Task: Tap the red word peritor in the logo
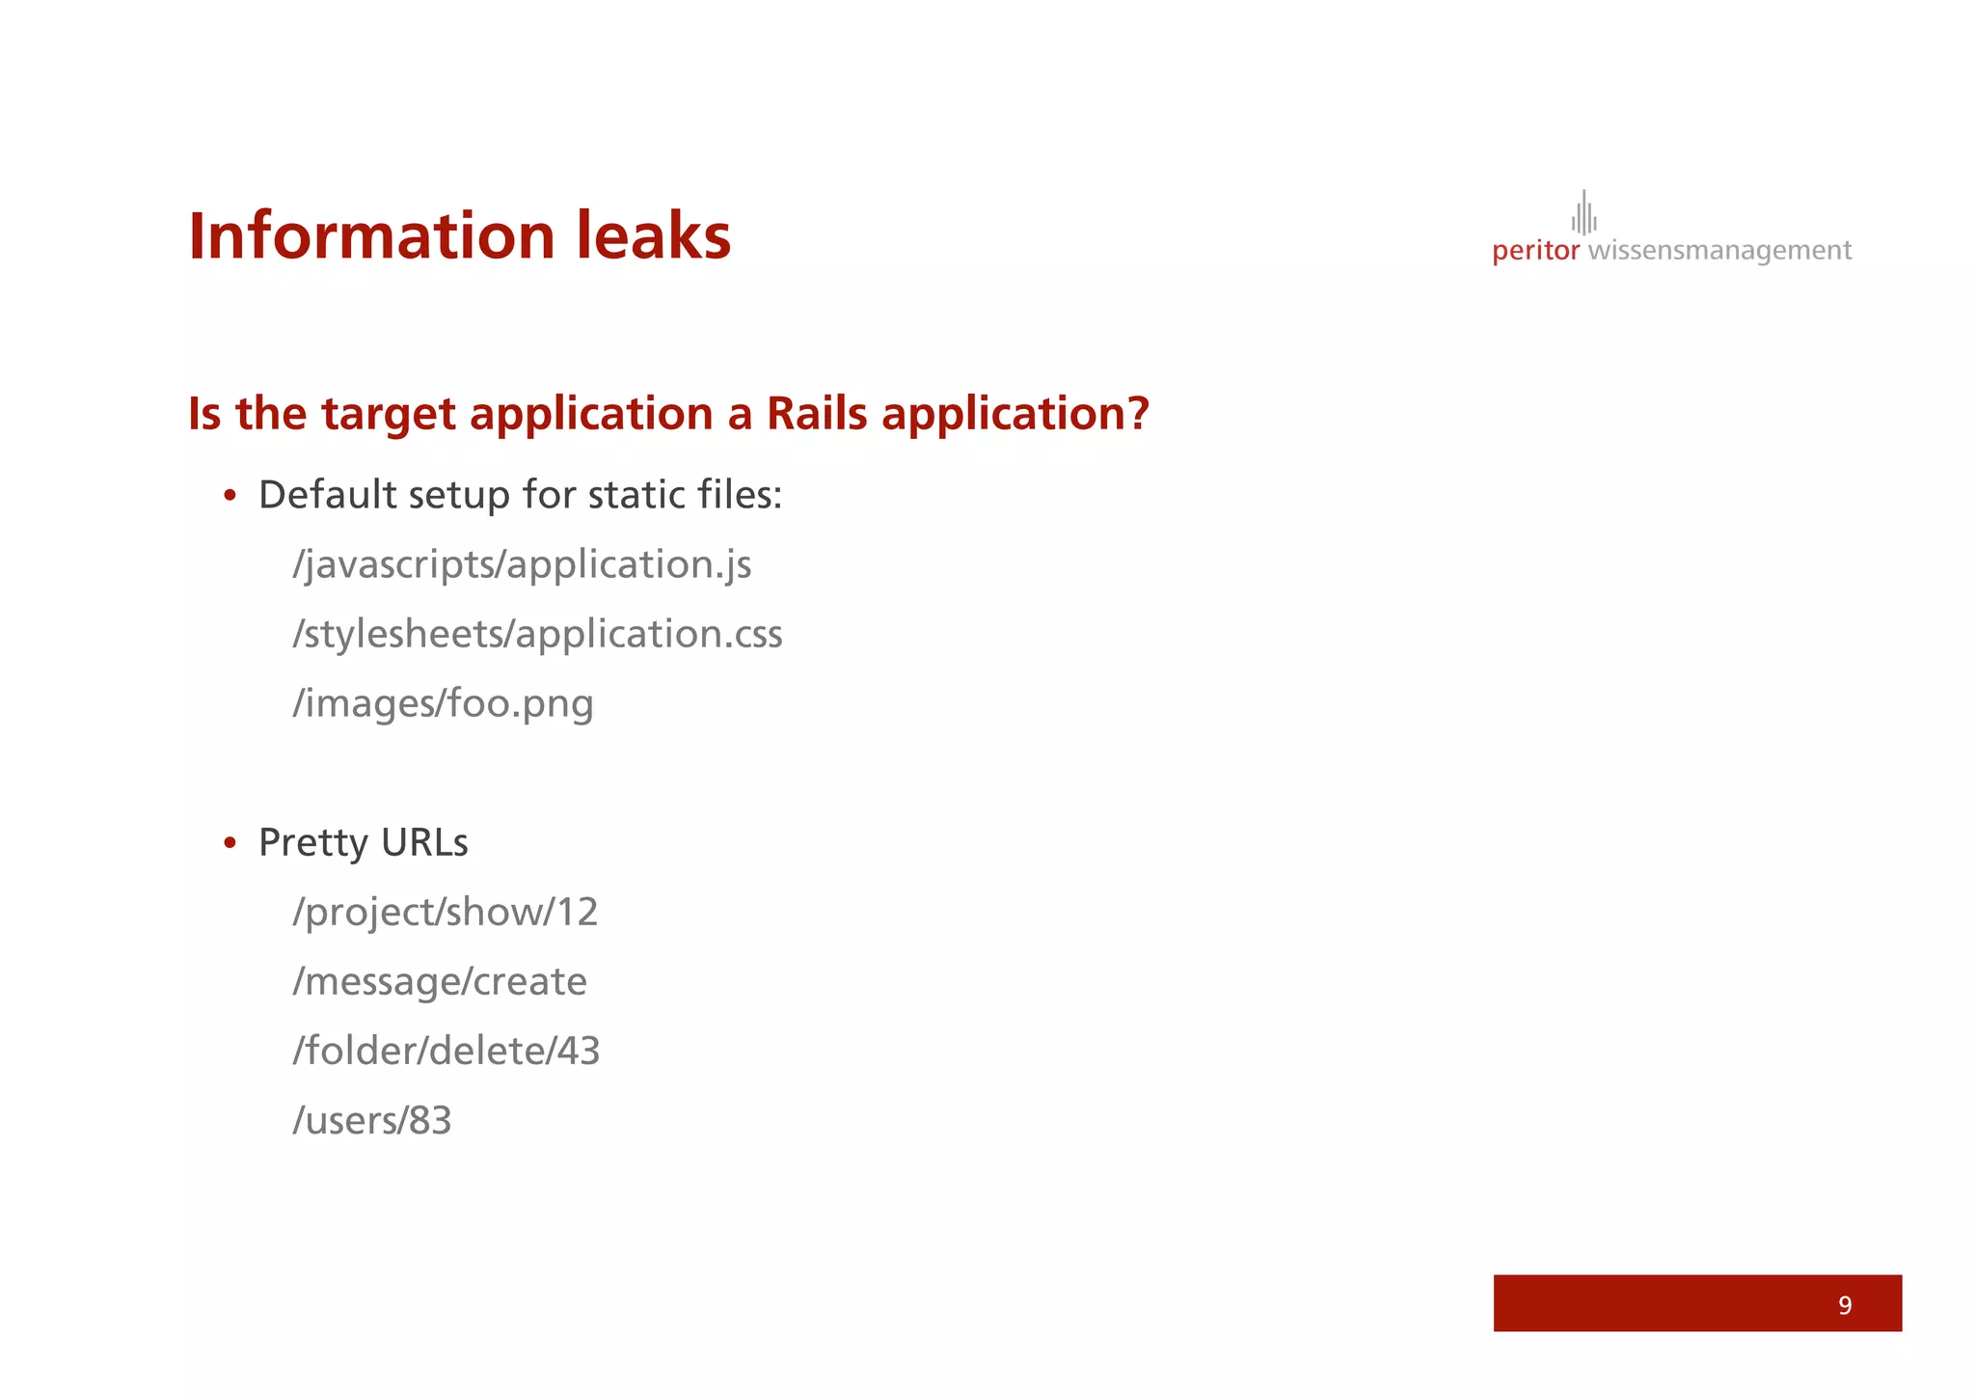point(1535,251)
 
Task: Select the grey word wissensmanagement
point(1719,251)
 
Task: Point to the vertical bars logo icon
point(1583,213)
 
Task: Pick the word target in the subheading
point(388,414)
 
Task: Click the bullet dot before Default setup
point(230,496)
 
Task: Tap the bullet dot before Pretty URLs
point(230,843)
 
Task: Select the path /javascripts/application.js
point(522,564)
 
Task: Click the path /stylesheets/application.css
point(537,634)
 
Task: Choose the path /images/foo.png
point(443,703)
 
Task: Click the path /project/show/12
point(445,912)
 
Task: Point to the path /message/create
point(440,981)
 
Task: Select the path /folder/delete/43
point(446,1051)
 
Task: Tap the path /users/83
point(371,1120)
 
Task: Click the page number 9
point(1844,1305)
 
